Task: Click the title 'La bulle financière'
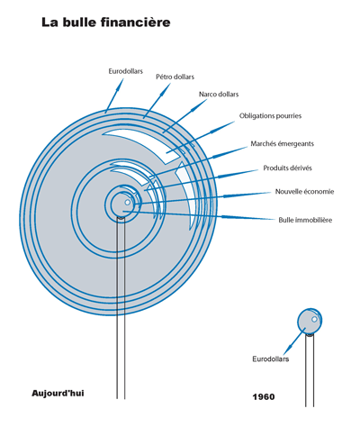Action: click(x=106, y=23)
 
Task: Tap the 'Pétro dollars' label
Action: click(x=175, y=77)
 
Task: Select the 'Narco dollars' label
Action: click(x=219, y=95)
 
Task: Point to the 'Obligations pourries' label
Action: click(x=270, y=116)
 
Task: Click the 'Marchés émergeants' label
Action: click(x=283, y=144)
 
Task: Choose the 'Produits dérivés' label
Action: click(x=287, y=168)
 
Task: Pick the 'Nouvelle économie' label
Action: click(x=304, y=192)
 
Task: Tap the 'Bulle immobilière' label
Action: click(x=305, y=220)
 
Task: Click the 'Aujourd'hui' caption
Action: click(x=58, y=394)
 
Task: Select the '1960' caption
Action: click(x=264, y=397)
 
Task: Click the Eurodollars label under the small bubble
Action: click(x=270, y=359)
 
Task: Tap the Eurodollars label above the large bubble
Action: click(x=126, y=71)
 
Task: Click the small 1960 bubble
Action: click(x=310, y=321)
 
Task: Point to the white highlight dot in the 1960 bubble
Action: click(x=314, y=319)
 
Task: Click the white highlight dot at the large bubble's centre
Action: click(x=128, y=203)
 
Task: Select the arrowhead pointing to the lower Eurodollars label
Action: click(x=287, y=350)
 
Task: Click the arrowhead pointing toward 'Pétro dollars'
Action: click(x=164, y=89)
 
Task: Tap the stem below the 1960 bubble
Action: click(x=310, y=371)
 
